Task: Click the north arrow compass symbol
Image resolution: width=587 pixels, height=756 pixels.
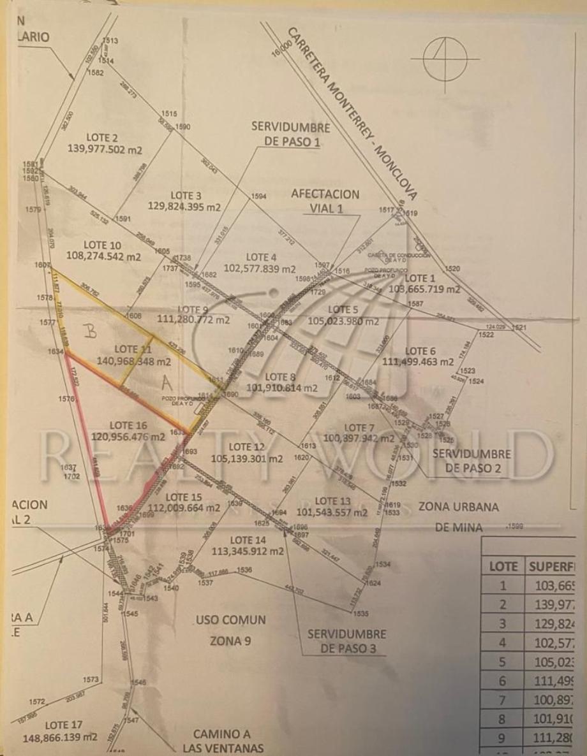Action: [x=445, y=59]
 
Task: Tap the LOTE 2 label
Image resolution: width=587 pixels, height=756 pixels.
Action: [x=101, y=137]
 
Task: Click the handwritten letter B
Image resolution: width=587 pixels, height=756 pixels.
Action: [x=91, y=330]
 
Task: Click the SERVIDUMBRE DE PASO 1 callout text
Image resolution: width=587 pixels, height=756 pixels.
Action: [x=291, y=134]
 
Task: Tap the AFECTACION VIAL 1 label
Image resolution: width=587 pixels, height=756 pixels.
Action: [x=325, y=201]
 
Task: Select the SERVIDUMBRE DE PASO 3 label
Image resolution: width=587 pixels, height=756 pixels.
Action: [x=347, y=641]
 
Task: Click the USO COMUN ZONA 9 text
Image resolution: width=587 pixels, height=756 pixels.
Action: [x=231, y=630]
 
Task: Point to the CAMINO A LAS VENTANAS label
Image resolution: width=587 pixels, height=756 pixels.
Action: [x=223, y=741]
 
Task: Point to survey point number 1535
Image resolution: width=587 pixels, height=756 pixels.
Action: [x=360, y=614]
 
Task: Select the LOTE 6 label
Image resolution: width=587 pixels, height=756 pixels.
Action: [x=420, y=351]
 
